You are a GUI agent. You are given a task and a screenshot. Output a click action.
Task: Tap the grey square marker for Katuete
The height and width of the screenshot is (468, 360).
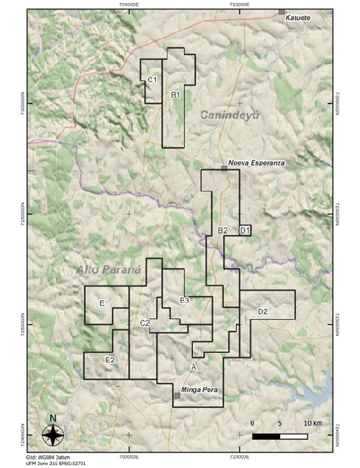(x=282, y=13)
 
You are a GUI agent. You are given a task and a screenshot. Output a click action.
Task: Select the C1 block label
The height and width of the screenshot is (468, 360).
(x=152, y=80)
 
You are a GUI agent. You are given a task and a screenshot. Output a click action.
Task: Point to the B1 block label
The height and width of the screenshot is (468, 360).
(x=177, y=94)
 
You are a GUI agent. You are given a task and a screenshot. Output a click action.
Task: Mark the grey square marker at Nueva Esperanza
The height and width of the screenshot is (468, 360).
(x=225, y=168)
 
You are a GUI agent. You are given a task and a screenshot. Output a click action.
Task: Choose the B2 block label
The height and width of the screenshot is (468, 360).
(x=223, y=230)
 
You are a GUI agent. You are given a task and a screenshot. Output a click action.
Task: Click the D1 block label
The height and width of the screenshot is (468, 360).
(x=245, y=230)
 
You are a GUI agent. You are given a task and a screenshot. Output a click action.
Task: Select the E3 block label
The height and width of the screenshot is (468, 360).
(x=184, y=300)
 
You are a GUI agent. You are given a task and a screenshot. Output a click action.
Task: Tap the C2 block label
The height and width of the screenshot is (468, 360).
(x=145, y=322)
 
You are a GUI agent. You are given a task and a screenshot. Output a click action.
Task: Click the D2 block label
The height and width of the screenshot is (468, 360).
(x=262, y=310)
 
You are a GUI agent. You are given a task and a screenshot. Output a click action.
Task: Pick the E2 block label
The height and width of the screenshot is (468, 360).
(x=110, y=360)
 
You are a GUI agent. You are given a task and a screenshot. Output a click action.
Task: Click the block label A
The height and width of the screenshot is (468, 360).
(x=194, y=366)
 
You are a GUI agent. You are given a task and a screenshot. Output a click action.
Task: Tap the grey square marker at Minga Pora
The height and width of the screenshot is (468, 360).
(x=177, y=395)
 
